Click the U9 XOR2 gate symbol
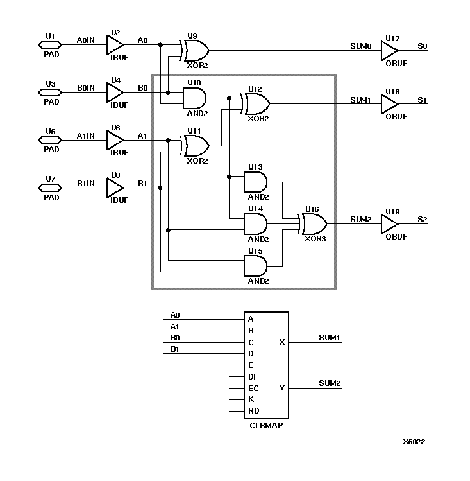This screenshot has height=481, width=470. pos(195,49)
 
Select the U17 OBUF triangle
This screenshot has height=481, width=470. pos(389,49)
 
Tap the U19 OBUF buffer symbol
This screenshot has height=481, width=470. pos(389,225)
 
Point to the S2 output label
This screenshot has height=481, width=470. pos(422,220)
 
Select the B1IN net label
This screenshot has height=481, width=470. pos(86,183)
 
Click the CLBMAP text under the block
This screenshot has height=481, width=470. pos(266,425)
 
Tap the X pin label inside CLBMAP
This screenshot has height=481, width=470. pos(282,342)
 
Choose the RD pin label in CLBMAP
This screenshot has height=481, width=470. pos(253,411)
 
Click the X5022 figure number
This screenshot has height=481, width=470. pos(414,442)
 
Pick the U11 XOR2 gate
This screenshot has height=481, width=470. pos(195,146)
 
